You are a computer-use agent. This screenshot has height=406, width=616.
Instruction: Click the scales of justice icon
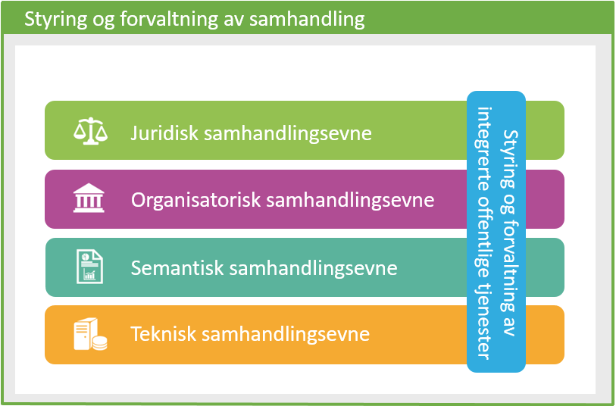coord(89,130)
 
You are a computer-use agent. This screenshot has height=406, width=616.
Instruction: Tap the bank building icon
coord(89,199)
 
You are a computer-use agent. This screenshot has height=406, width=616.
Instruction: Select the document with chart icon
coord(89,267)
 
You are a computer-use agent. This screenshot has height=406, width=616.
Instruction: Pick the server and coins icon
coord(89,335)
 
